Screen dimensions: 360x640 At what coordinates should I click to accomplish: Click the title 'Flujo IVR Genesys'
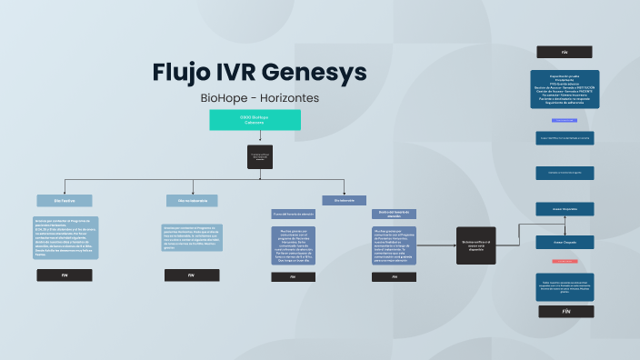pyautogui.click(x=260, y=72)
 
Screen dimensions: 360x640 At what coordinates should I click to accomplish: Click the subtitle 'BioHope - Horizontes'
pyautogui.click(x=260, y=97)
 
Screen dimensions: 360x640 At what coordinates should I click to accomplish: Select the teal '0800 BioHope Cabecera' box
pyautogui.click(x=255, y=120)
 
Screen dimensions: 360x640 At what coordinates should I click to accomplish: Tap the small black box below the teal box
pyautogui.click(x=260, y=156)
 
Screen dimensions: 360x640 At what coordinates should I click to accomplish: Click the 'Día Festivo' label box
pyautogui.click(x=64, y=200)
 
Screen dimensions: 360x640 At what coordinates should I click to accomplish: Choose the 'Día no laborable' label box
pyautogui.click(x=192, y=200)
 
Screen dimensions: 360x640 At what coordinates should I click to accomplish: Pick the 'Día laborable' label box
pyautogui.click(x=345, y=200)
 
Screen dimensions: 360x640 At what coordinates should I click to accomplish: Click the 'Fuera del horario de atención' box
pyautogui.click(x=294, y=214)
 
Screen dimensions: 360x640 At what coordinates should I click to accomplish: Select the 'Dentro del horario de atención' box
pyautogui.click(x=393, y=215)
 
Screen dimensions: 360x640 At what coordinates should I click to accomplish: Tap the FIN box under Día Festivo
pyautogui.click(x=64, y=274)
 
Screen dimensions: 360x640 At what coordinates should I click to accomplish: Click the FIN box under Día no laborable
pyautogui.click(x=192, y=274)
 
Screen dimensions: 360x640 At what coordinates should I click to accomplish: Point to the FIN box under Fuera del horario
pyautogui.click(x=294, y=276)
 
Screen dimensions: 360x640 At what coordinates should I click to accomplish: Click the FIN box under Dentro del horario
pyautogui.click(x=393, y=276)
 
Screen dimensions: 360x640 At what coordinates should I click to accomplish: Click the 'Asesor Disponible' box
pyautogui.click(x=565, y=209)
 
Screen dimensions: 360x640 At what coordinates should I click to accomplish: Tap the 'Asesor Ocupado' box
pyautogui.click(x=565, y=243)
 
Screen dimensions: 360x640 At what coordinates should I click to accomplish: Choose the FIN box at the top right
pyautogui.click(x=565, y=52)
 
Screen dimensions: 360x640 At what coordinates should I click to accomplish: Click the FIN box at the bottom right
pyautogui.click(x=565, y=311)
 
